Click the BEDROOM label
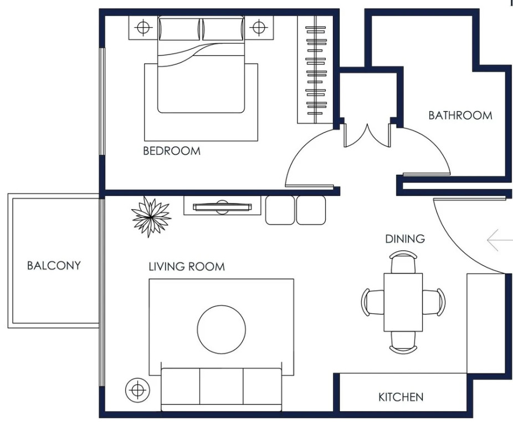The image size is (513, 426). [172, 151]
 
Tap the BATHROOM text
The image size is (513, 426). [460, 115]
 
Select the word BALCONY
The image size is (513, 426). [54, 265]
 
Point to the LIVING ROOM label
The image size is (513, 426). [187, 266]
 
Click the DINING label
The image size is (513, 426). [405, 239]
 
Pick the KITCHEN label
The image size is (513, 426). [401, 397]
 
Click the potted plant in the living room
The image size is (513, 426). [151, 216]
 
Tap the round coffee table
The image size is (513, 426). [222, 329]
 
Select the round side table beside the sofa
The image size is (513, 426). [138, 390]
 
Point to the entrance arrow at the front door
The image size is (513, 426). [500, 240]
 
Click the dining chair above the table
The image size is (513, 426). [403, 262]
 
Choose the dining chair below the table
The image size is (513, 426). [403, 342]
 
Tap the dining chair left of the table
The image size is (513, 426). [373, 302]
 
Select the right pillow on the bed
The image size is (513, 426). [223, 29]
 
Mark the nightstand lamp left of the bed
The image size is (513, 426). [143, 28]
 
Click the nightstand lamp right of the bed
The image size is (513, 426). [259, 28]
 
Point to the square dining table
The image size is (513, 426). [403, 302]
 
